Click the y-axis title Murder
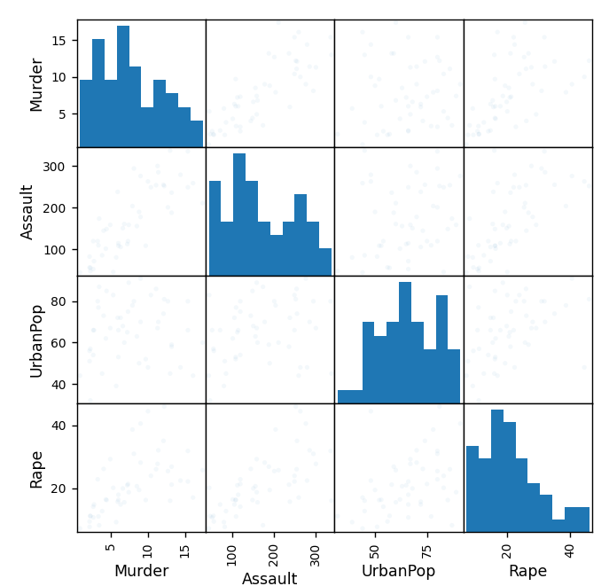click(36, 84)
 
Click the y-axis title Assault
click(27, 212)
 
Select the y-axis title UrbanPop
click(36, 340)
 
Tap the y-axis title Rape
click(36, 468)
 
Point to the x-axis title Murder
click(141, 571)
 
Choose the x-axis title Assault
click(269, 579)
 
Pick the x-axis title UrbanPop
click(398, 571)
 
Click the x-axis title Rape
click(527, 571)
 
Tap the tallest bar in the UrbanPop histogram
click(405, 342)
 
